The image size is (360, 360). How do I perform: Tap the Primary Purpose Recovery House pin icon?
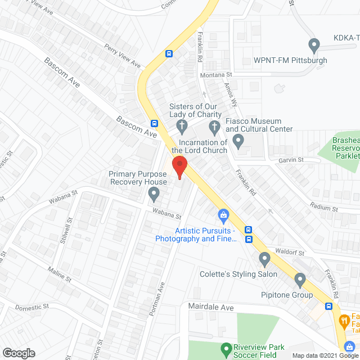[x=154, y=195]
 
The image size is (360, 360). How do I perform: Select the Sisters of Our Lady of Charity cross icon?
[x=182, y=124]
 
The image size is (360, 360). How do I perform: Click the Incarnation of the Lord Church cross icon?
[x=214, y=125]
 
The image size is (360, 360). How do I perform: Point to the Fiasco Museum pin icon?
[x=238, y=140]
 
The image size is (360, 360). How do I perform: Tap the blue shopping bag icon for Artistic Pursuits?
[x=223, y=215]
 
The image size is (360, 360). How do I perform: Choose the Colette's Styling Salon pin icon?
[x=264, y=259]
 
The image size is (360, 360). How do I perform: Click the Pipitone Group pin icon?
[x=300, y=279]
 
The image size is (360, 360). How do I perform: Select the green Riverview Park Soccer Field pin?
[x=226, y=349]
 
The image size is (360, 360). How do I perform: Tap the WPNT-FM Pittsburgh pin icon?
[x=314, y=44]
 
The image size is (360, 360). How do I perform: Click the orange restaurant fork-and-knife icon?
[x=344, y=321]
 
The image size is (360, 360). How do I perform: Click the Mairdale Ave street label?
[x=210, y=308]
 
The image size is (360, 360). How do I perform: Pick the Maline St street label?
[x=60, y=274]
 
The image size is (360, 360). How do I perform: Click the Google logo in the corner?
[x=18, y=353]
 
